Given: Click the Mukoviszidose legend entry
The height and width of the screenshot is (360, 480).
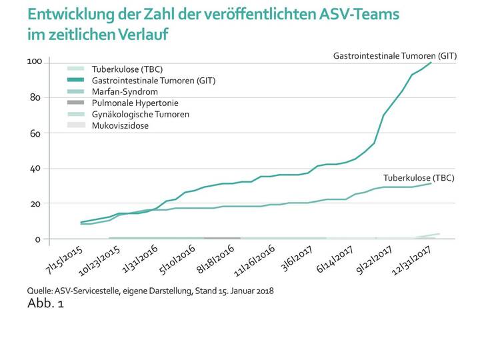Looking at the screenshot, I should [x=119, y=125].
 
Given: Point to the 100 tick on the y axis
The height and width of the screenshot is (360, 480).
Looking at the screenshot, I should [x=35, y=62].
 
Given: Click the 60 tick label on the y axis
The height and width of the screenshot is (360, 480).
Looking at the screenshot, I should [x=37, y=133].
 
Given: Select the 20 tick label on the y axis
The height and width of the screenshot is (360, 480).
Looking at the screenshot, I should [x=37, y=203].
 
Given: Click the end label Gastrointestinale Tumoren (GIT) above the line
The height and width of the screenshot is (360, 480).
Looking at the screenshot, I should [x=395, y=56].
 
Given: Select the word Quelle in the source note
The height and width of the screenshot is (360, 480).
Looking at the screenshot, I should [x=39, y=291].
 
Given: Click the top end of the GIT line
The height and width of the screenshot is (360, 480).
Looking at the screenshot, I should [x=431, y=62].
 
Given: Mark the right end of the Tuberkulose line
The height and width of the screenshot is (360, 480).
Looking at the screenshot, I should [x=431, y=183].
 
